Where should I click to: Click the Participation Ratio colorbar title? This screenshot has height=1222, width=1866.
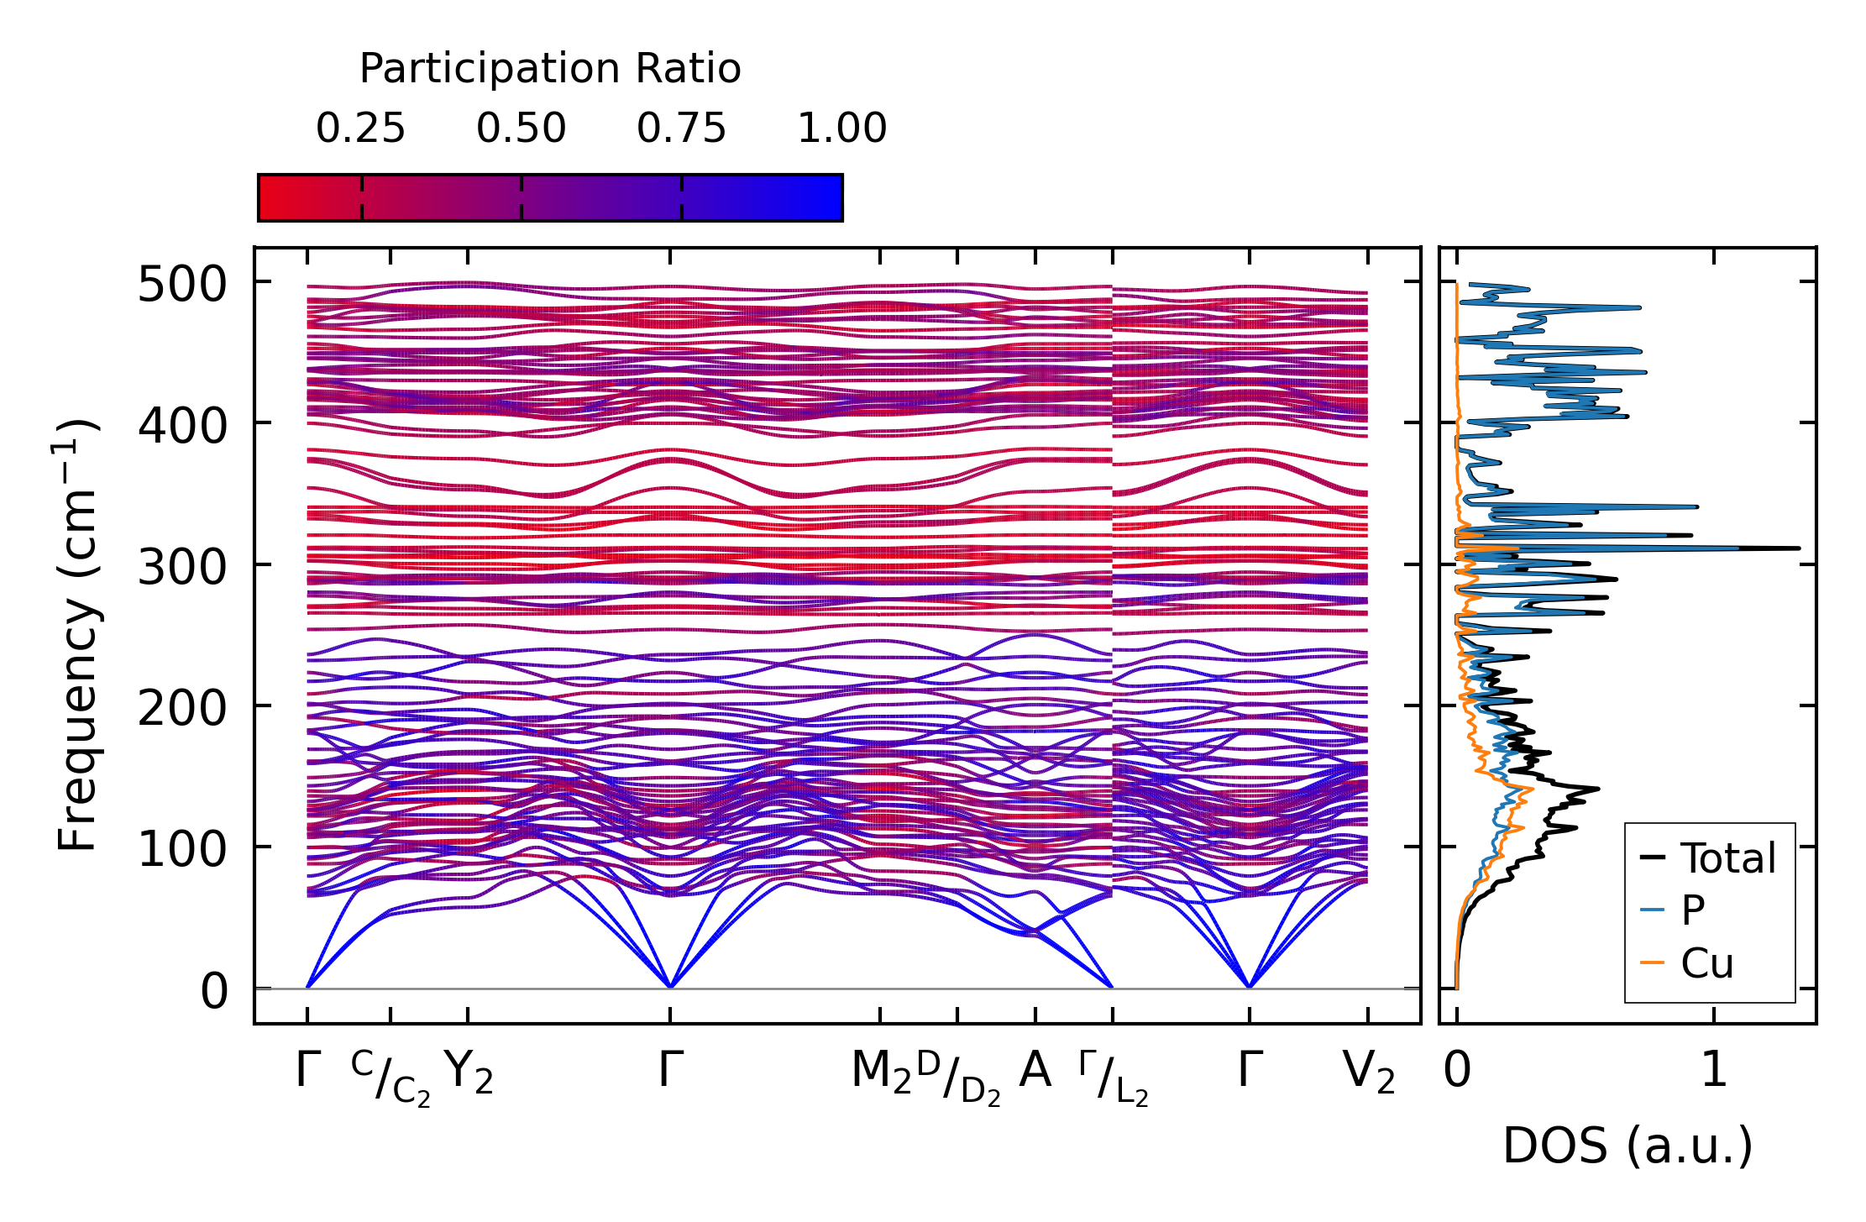[x=550, y=69]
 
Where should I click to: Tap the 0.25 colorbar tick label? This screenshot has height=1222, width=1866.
[x=360, y=129]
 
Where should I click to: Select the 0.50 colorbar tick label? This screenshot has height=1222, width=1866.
[x=521, y=129]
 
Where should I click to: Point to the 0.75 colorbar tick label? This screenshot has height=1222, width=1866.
[x=681, y=129]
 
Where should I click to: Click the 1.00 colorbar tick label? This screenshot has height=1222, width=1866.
[x=841, y=129]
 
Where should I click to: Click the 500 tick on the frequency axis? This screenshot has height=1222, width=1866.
[x=182, y=285]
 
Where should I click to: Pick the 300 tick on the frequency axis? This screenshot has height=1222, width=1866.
[x=182, y=568]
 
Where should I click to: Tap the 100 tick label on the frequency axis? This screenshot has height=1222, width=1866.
[x=182, y=850]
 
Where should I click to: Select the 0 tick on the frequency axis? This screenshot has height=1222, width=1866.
[x=214, y=992]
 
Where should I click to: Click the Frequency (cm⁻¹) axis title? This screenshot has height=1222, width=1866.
[x=77, y=635]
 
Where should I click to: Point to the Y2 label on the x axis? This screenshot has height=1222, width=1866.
[x=469, y=1073]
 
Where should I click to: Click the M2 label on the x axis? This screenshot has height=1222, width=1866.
[x=881, y=1073]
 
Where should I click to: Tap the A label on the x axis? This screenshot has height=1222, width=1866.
[x=1035, y=1071]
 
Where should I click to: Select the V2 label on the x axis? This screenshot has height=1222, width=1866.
[x=1368, y=1073]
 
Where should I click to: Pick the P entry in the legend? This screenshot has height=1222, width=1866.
[x=1692, y=910]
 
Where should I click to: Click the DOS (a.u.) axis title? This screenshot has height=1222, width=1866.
[x=1628, y=1146]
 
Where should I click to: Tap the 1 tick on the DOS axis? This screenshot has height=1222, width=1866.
[x=1714, y=1071]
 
